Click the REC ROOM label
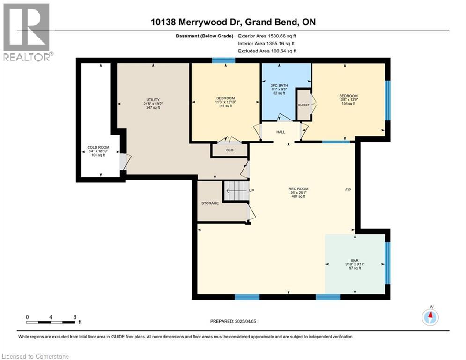click(298, 189)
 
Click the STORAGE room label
click(210, 203)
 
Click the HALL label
click(281, 132)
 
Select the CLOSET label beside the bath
click(303, 105)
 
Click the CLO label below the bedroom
click(229, 150)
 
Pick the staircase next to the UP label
click(236, 191)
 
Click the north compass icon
click(429, 317)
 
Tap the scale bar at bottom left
click(51, 322)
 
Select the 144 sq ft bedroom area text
click(225, 106)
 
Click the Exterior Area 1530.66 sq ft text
click(267, 36)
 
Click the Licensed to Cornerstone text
click(36, 356)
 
